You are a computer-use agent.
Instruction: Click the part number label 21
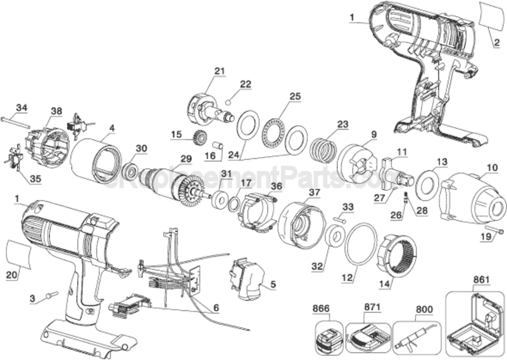pos(219,71)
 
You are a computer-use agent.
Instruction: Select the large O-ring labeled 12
pos(361,245)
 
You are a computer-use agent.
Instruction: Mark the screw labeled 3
pos(50,295)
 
